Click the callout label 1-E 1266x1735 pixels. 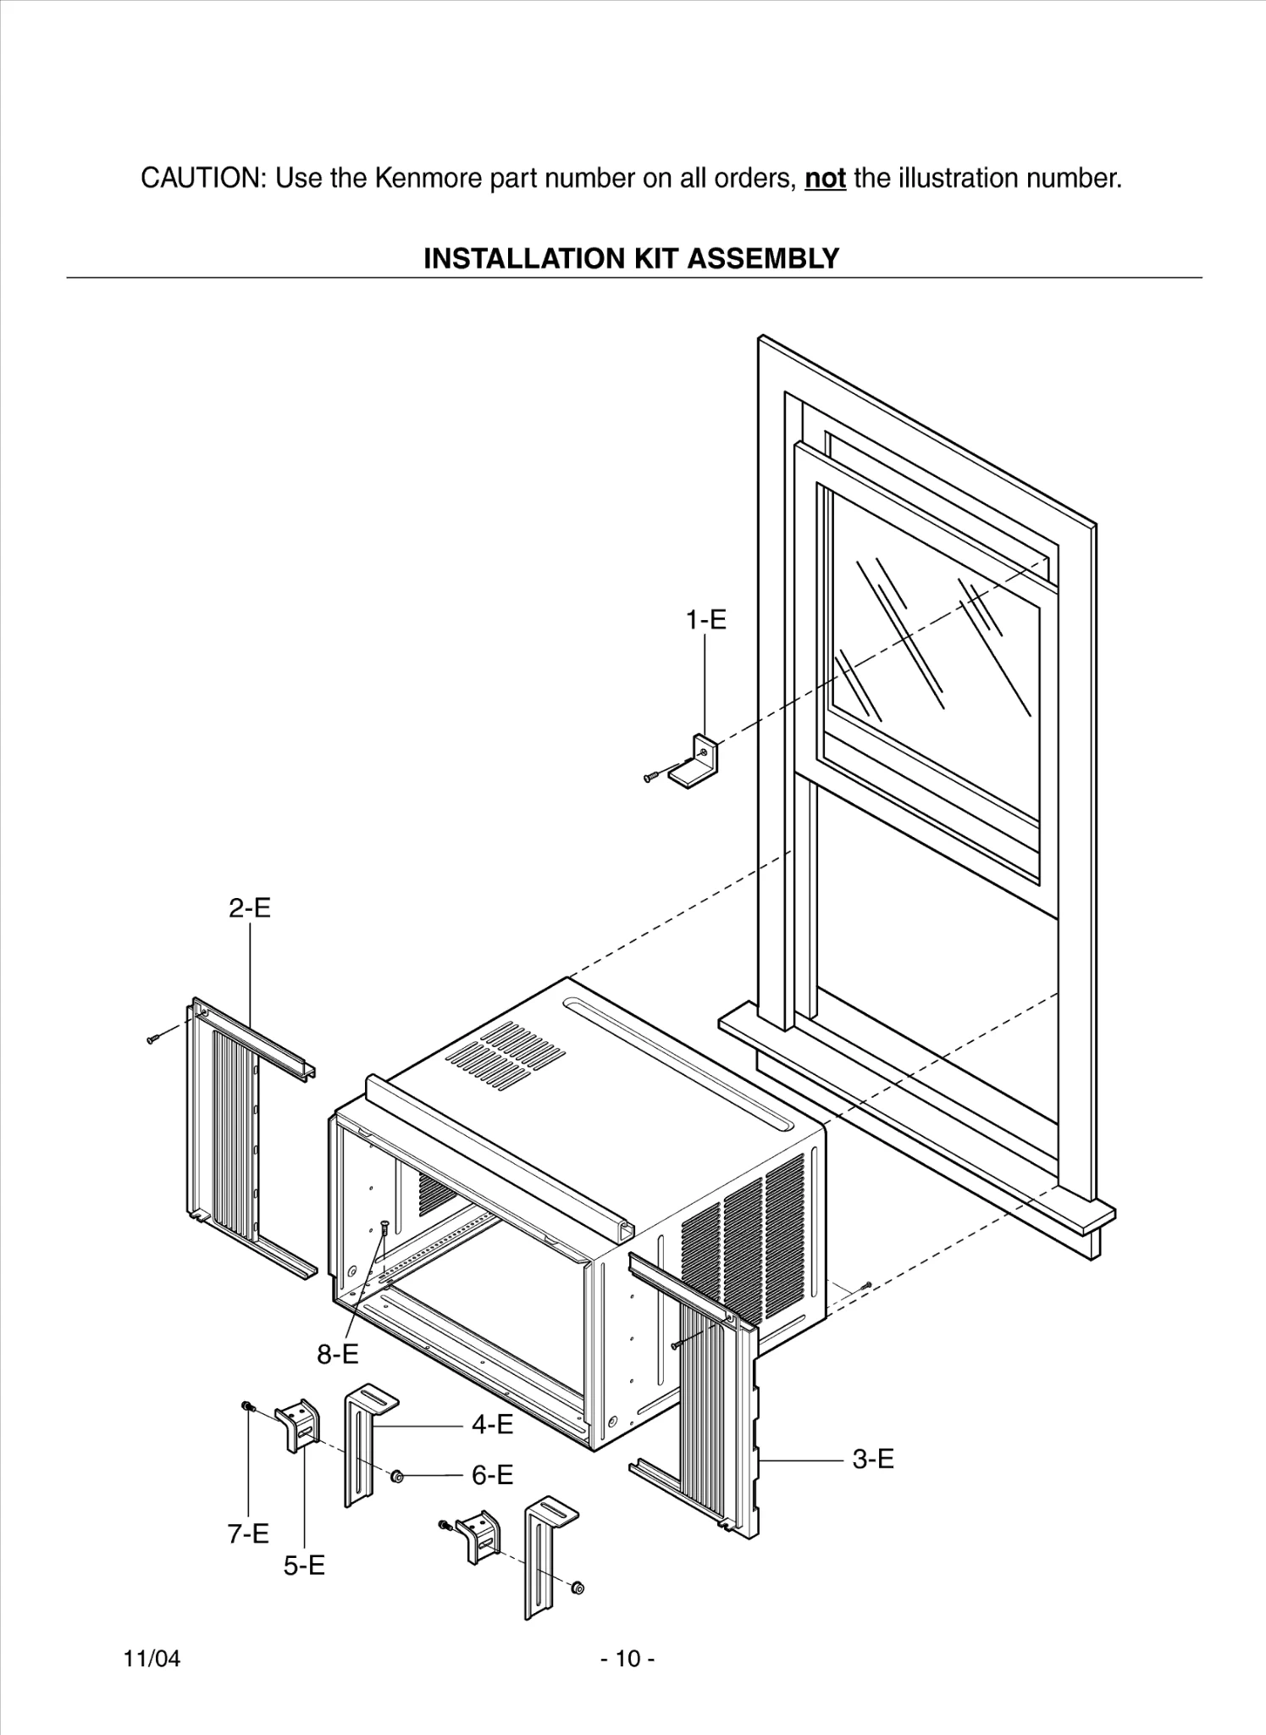pyautogui.click(x=705, y=620)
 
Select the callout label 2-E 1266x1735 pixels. pyautogui.click(x=250, y=908)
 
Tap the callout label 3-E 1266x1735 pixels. pyautogui.click(x=872, y=1459)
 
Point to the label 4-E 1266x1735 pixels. pyautogui.click(x=492, y=1425)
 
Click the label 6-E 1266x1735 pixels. pyautogui.click(x=492, y=1476)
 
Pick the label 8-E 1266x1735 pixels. pyautogui.click(x=338, y=1355)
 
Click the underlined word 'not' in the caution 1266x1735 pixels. pyautogui.click(x=825, y=179)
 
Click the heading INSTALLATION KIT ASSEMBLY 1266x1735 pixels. pyautogui.click(x=631, y=258)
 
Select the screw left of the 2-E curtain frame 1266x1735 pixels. pyautogui.click(x=153, y=1039)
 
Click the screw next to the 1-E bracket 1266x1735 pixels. pyautogui.click(x=651, y=776)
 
